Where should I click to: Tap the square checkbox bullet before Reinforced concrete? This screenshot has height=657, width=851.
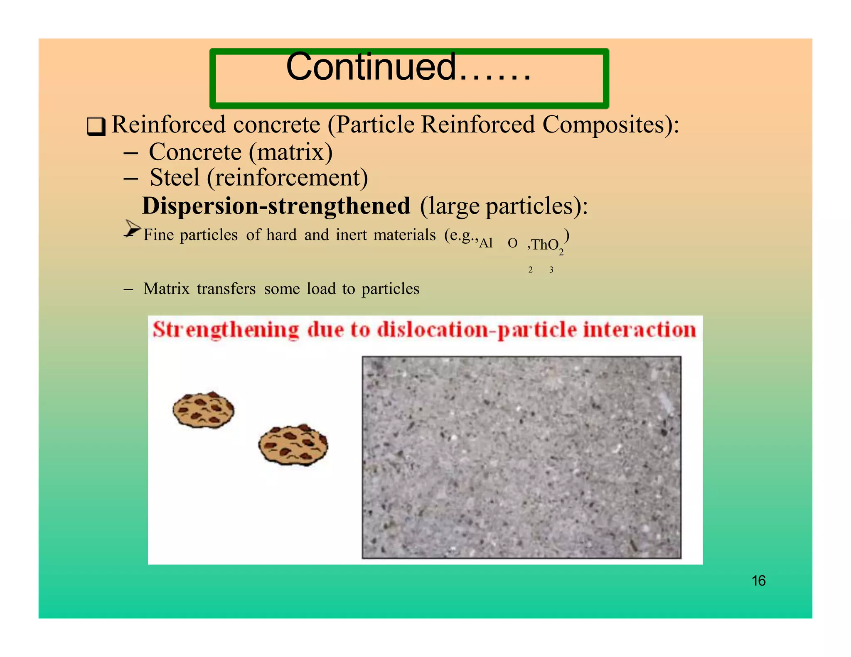pyautogui.click(x=96, y=127)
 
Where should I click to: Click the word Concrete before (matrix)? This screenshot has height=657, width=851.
pyautogui.click(x=195, y=152)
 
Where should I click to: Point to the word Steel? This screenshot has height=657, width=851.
pyautogui.click(x=175, y=178)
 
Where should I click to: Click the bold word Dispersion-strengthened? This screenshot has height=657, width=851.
pyautogui.click(x=276, y=206)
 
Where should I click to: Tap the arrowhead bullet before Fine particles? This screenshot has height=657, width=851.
pyautogui.click(x=133, y=228)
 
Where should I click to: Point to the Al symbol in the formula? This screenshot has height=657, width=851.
pyautogui.click(x=486, y=243)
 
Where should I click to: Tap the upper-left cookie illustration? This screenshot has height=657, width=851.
pyautogui.click(x=203, y=410)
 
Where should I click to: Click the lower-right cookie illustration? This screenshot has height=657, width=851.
pyautogui.click(x=293, y=445)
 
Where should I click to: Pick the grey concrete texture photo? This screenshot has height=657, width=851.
pyautogui.click(x=521, y=457)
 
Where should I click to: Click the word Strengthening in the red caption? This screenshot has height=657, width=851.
pyautogui.click(x=226, y=331)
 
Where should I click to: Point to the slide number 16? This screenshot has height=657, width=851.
pyautogui.click(x=758, y=581)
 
